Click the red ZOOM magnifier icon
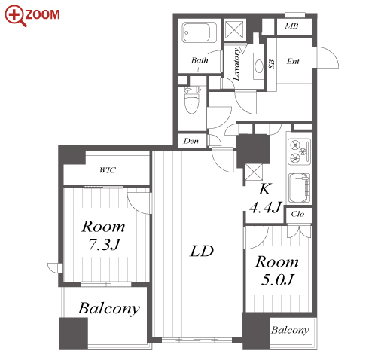[16, 16]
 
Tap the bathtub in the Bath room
[200, 32]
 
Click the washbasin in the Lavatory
[259, 66]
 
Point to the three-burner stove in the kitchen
[299, 151]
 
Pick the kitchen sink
[299, 188]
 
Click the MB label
[291, 26]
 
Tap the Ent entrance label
[293, 61]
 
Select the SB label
[272, 64]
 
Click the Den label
[191, 141]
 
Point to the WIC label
[108, 170]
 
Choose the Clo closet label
[297, 214]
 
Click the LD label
[202, 251]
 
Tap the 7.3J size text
[104, 244]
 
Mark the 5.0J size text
[277, 279]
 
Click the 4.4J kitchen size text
[266, 207]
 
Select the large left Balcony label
[109, 308]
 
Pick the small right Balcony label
[290, 330]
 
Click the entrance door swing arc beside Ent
[334, 53]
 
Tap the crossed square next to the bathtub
[234, 30]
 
